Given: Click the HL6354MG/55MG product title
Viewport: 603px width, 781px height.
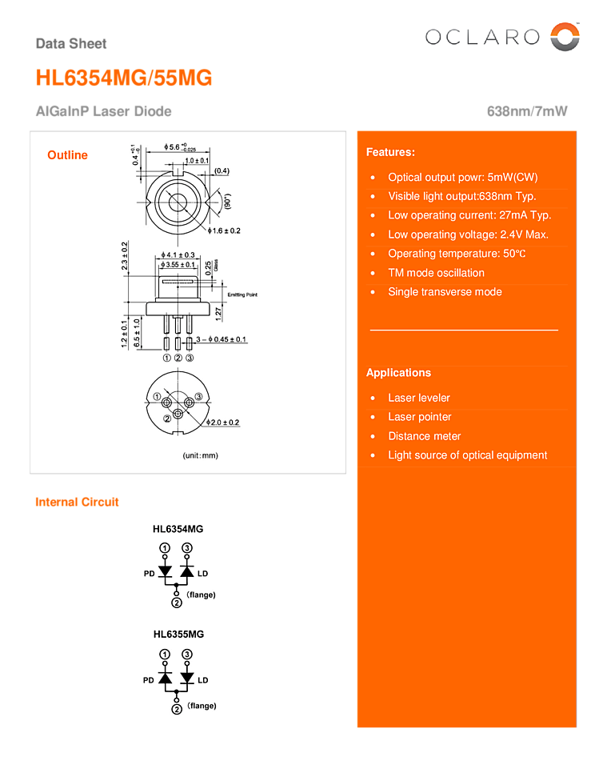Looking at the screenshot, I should coord(124,78).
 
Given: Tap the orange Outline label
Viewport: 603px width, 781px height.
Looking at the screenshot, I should coord(67,155).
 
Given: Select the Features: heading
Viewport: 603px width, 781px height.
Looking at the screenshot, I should coord(390,152).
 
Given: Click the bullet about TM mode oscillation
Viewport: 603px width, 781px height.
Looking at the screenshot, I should coord(436,273).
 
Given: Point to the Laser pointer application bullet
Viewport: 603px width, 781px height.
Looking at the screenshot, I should coord(419,417).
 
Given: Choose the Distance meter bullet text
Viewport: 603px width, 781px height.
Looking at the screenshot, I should coord(424,436).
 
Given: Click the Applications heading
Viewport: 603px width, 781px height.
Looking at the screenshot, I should coord(398,373).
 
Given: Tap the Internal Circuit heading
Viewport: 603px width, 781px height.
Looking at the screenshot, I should coord(77,503).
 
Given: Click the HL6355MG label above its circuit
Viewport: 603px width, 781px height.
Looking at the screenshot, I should coord(178,634).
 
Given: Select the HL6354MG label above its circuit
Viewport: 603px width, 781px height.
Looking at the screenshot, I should coord(178,529).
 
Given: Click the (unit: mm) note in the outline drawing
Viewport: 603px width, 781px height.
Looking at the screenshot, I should coord(200,455).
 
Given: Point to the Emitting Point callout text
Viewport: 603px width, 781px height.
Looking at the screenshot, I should coord(242,295).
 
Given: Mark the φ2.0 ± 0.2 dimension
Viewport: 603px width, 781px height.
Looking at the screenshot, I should coord(223,422).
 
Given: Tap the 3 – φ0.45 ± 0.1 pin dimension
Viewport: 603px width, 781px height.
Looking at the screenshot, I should coord(222,340).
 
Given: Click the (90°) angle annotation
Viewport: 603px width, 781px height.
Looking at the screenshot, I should coord(228,201).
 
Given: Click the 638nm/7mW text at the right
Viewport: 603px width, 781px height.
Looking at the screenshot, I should coord(527,112).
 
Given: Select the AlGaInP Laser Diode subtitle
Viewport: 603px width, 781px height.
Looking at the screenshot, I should coord(103,112).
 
